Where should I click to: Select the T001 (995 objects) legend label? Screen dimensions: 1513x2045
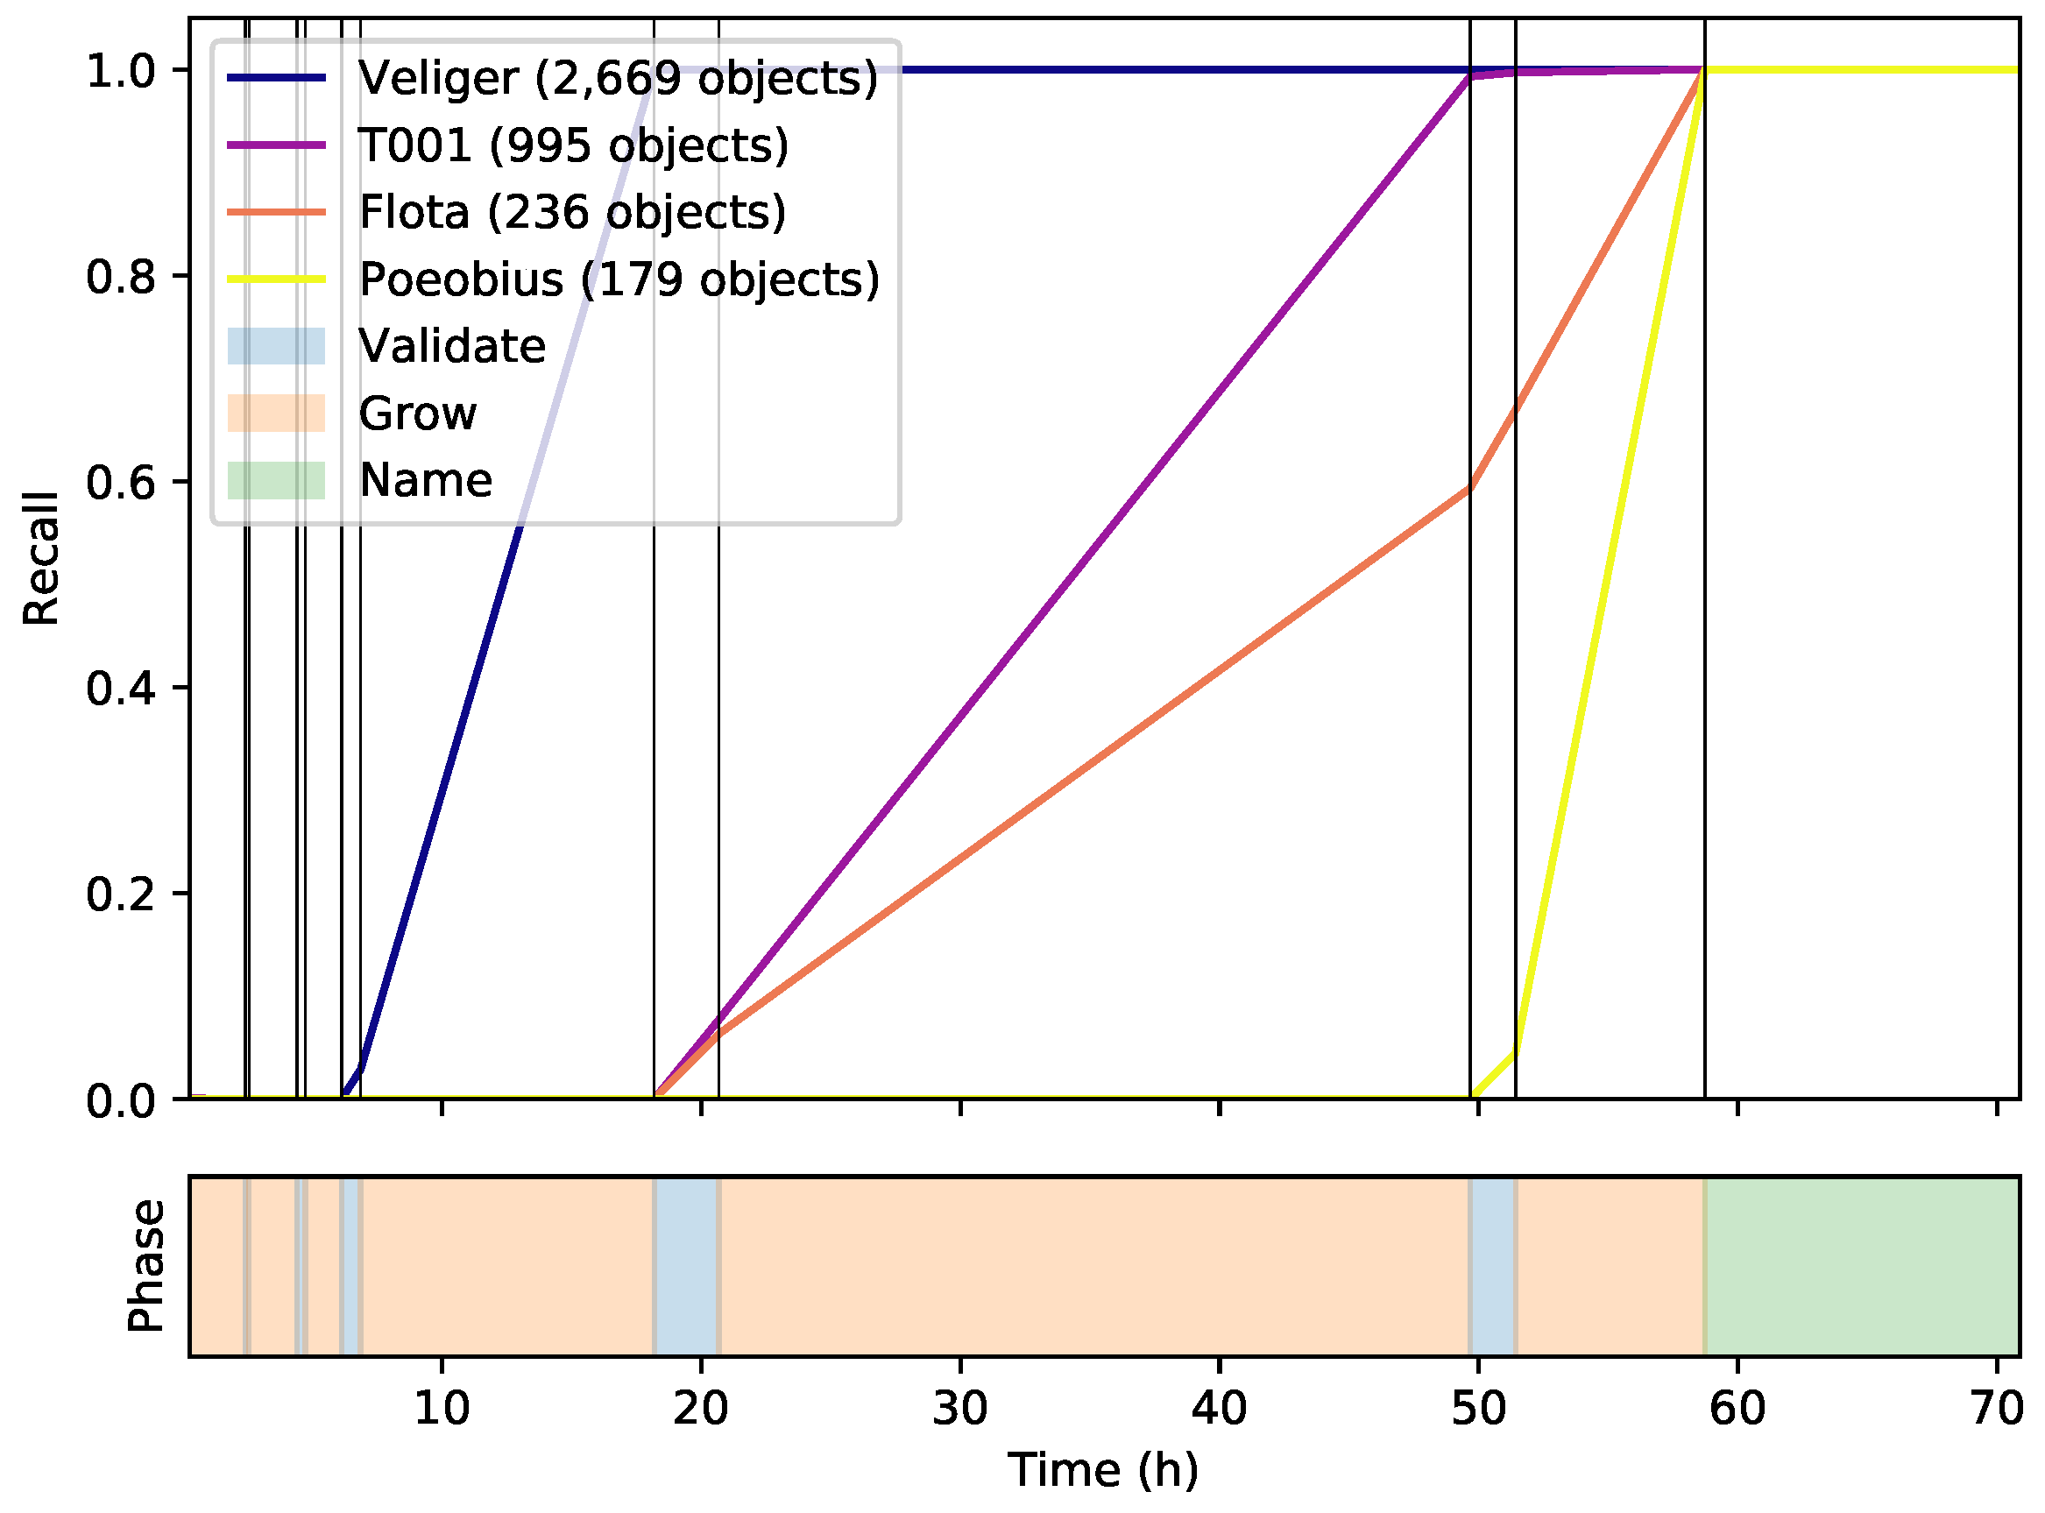(573, 145)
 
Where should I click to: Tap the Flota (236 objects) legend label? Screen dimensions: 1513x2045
(572, 213)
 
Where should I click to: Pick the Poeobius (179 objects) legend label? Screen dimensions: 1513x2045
(619, 279)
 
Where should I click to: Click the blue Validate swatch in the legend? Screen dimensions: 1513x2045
(276, 346)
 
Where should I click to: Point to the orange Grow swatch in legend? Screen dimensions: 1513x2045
(276, 413)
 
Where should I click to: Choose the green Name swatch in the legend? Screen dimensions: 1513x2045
(276, 480)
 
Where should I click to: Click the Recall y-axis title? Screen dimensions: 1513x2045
(41, 559)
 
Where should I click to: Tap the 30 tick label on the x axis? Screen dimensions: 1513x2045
(959, 1409)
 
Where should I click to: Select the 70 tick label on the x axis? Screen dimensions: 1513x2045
(1996, 1409)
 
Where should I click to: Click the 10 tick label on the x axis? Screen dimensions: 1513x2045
(442, 1409)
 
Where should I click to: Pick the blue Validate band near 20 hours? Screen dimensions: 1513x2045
(686, 1266)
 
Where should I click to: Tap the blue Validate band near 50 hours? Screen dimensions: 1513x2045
(1492, 1266)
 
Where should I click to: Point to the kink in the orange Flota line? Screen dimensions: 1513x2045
(1469, 488)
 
